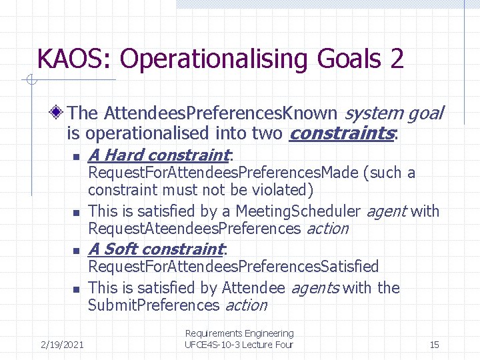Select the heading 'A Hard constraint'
point(158,155)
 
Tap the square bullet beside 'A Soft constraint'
point(76,251)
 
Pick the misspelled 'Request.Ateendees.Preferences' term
point(195,229)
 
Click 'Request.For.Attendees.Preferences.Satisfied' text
point(233,267)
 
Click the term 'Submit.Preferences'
point(153,305)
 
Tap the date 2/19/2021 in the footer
point(62,345)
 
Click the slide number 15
point(434,345)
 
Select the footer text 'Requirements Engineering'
point(239,333)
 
